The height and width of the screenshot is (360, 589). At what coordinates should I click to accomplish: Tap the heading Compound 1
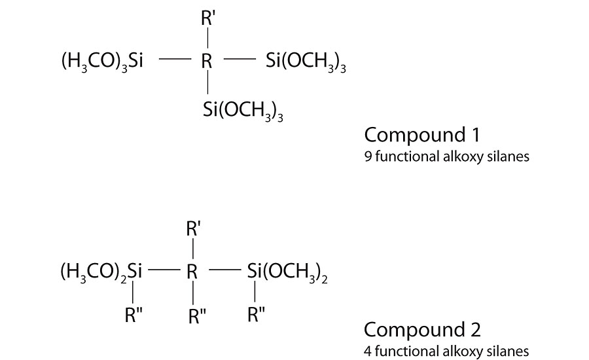coord(422,135)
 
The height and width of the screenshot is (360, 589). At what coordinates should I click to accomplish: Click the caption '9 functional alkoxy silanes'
coord(429,157)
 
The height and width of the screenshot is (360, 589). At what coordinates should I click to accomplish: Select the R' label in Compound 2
coord(194,230)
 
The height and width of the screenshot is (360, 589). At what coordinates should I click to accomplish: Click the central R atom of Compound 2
coord(192,271)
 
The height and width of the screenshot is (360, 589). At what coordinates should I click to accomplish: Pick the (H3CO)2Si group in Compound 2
coord(102,271)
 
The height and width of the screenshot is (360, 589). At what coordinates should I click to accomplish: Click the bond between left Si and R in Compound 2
coord(162,269)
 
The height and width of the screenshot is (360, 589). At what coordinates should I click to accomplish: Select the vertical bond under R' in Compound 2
coord(192,251)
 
